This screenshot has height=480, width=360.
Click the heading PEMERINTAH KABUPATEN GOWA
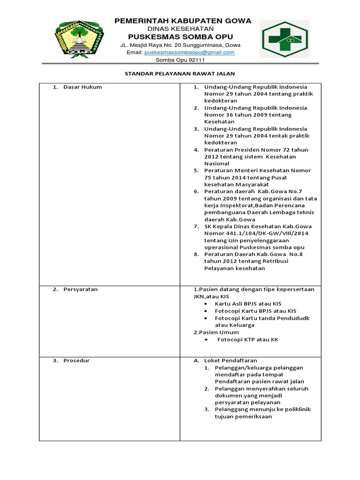183,21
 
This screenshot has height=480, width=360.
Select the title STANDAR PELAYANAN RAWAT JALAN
180,74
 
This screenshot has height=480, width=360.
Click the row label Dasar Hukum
82,87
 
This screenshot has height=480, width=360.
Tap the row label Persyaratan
81,290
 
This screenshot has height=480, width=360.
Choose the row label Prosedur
76,360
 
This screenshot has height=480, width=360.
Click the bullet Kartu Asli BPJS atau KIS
249,304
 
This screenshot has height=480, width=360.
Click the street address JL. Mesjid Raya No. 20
152,45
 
